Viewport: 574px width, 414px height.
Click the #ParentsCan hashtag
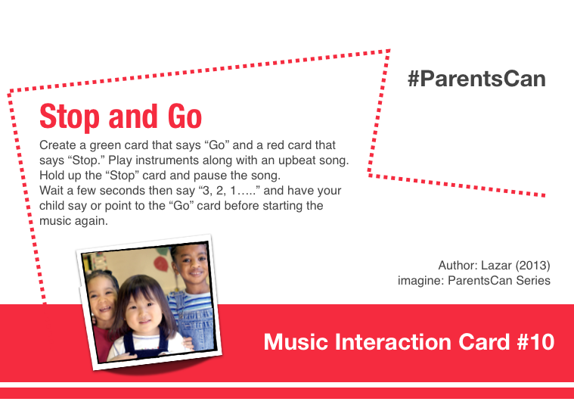[476, 79]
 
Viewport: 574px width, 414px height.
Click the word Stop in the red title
[69, 117]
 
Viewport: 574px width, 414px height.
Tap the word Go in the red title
[185, 116]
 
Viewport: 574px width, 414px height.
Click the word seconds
[123, 191]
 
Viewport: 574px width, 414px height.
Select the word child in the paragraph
[51, 206]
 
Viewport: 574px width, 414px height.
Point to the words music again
[73, 221]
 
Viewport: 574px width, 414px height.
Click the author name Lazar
[496, 265]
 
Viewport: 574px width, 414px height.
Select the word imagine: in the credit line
[420, 281]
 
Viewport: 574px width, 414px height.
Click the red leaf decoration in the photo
[161, 263]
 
